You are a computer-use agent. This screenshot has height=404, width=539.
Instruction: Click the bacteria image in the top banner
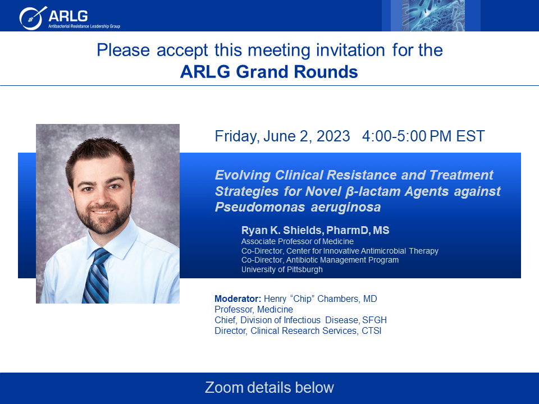(x=431, y=16)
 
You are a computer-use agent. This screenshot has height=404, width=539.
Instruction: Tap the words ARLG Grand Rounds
(x=269, y=72)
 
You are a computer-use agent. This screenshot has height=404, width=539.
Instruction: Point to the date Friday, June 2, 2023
(x=282, y=136)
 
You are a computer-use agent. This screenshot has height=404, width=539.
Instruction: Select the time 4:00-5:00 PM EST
(x=423, y=136)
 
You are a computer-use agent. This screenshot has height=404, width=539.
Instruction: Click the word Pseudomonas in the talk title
(x=260, y=207)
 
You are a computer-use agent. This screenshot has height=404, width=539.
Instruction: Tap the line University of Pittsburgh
(x=282, y=269)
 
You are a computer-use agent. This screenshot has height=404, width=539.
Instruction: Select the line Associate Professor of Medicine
(x=298, y=241)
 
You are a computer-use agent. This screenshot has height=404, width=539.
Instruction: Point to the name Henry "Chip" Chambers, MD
(x=321, y=299)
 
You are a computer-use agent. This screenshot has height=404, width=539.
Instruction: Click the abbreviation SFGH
(x=374, y=320)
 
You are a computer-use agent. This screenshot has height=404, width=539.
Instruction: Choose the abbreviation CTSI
(x=371, y=331)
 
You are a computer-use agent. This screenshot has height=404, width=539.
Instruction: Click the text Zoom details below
(x=269, y=388)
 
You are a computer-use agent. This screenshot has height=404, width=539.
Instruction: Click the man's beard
(x=103, y=215)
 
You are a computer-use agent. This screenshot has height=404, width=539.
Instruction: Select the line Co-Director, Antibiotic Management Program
(x=320, y=260)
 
